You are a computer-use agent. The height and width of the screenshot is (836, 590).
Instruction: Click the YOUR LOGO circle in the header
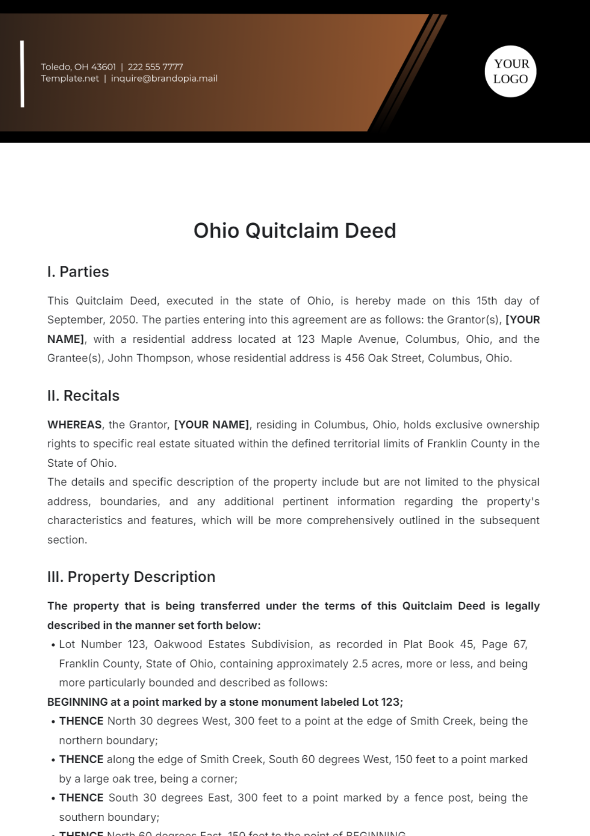click(x=510, y=71)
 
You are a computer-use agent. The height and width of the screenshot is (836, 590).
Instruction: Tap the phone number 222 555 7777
click(x=155, y=67)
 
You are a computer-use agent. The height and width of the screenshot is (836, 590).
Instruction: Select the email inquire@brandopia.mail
click(x=164, y=79)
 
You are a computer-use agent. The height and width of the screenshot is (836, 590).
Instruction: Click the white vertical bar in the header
click(x=22, y=74)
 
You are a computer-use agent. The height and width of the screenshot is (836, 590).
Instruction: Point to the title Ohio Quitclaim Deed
click(x=295, y=231)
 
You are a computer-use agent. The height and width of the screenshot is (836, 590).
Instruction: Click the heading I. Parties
click(x=78, y=271)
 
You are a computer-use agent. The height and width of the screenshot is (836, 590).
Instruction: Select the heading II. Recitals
click(x=83, y=395)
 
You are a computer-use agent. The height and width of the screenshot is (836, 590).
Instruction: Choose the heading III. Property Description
click(x=131, y=576)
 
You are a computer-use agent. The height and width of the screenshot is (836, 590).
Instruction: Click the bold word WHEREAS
click(x=74, y=424)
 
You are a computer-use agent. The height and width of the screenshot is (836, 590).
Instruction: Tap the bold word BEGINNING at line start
click(x=77, y=702)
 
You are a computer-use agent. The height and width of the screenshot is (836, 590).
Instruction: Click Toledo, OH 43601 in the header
click(x=78, y=67)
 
